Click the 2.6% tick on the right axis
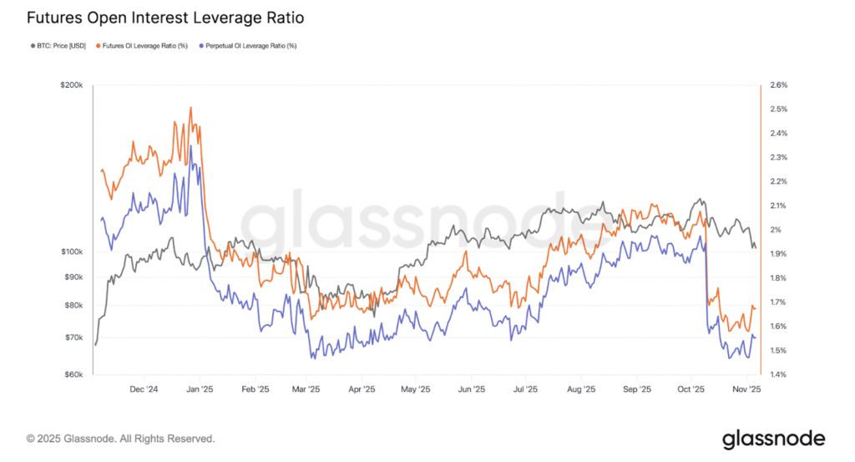pos(778,85)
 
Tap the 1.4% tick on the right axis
pos(778,375)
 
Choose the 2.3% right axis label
pos(778,157)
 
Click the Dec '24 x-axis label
pos(145,389)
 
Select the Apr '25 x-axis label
pos(361,389)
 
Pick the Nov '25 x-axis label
pos(746,389)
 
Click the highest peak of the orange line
pos(191,108)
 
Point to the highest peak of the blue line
pos(191,146)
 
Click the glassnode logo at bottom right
pos(773,438)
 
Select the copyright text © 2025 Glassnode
pos(120,438)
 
